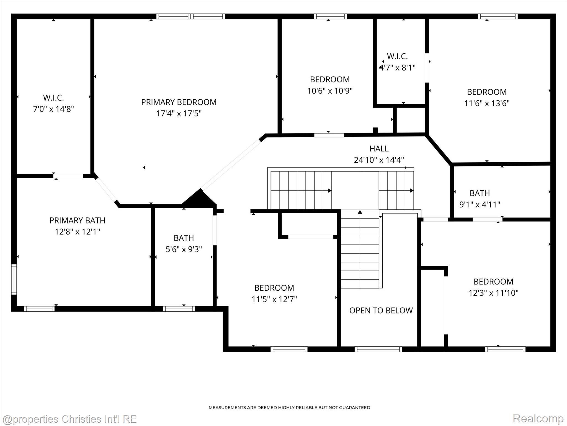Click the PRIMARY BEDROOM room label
pyautogui.click(x=179, y=102)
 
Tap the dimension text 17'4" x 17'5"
pyautogui.click(x=179, y=113)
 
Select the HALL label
pyautogui.click(x=379, y=149)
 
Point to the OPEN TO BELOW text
pyautogui.click(x=381, y=310)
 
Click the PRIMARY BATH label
pyautogui.click(x=77, y=220)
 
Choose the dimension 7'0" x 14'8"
pyautogui.click(x=53, y=109)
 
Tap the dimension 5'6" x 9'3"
pyautogui.click(x=184, y=249)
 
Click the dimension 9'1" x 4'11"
pyautogui.click(x=480, y=204)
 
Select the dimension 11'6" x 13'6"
pyautogui.click(x=487, y=103)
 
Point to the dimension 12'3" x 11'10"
pyautogui.click(x=493, y=293)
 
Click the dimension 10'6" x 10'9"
pyautogui.click(x=330, y=91)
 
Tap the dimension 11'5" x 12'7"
pyautogui.click(x=274, y=299)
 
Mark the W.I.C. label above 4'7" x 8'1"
pyautogui.click(x=397, y=56)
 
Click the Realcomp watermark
pyautogui.click(x=538, y=419)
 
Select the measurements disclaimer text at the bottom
pyautogui.click(x=289, y=407)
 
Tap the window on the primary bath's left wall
pyautogui.click(x=14, y=279)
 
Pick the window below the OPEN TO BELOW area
pyautogui.click(x=378, y=349)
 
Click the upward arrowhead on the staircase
pyautogui.click(x=360, y=212)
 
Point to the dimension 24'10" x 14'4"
pyautogui.click(x=379, y=160)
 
